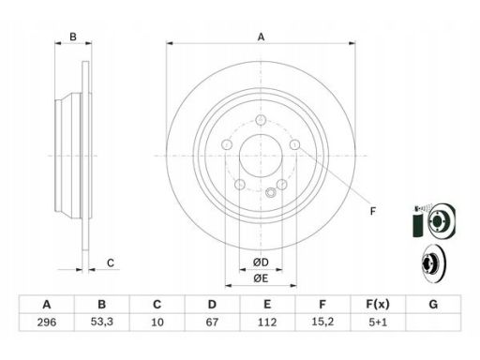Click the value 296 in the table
47,322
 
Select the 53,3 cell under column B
102,322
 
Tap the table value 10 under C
157,322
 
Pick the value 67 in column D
212,322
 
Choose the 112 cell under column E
267,322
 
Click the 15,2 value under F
322,322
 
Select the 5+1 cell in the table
378,322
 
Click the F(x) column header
378,304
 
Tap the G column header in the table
433,304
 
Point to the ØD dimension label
261,262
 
